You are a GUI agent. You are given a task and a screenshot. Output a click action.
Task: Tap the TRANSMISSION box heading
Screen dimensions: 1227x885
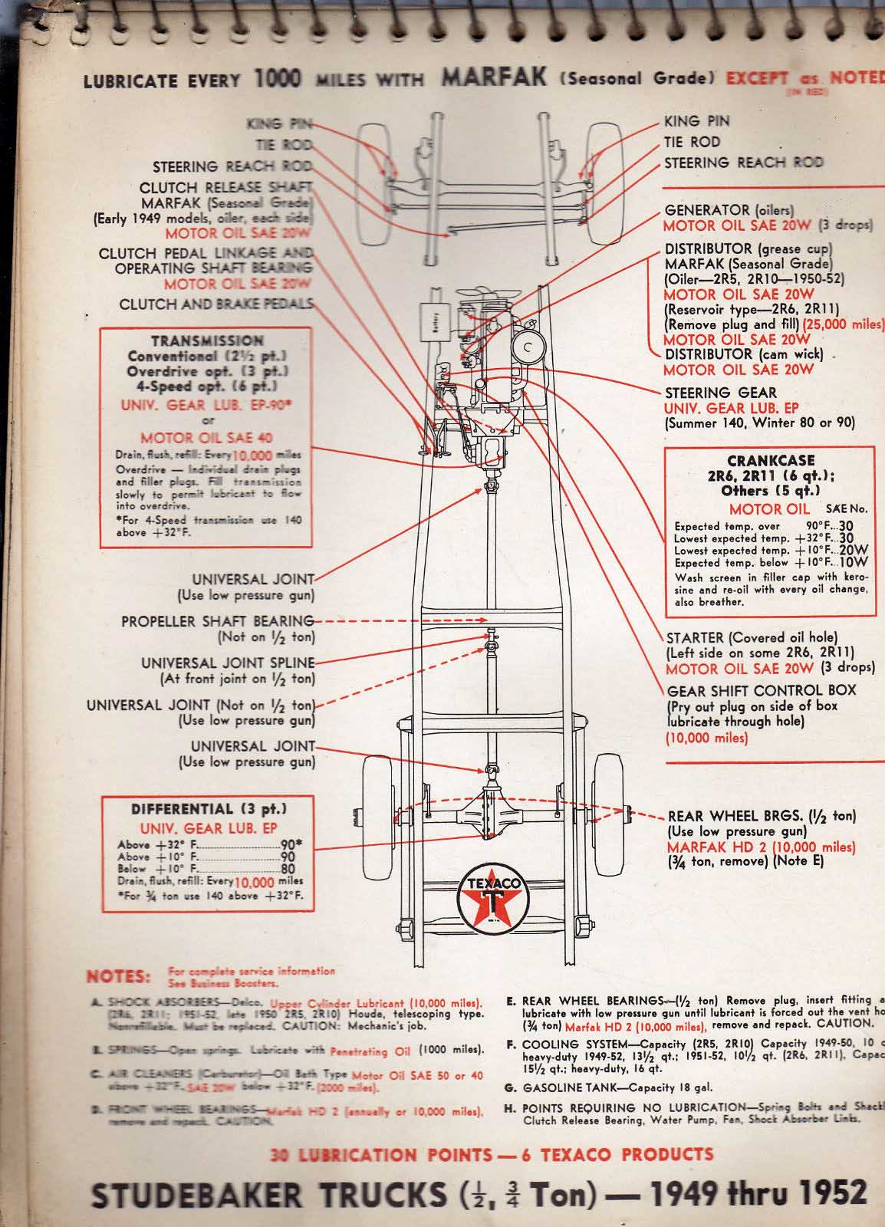click(207, 340)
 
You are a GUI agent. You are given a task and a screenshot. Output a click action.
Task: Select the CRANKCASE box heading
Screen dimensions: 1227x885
click(771, 461)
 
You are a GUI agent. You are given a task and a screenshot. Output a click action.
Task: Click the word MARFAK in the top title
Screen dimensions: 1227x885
click(493, 77)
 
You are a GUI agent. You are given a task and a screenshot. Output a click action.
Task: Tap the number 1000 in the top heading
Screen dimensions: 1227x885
click(278, 78)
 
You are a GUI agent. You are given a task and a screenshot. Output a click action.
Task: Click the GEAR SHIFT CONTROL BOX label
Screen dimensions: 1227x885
click(762, 690)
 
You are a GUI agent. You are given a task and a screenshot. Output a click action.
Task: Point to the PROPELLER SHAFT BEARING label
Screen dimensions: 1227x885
click(218, 621)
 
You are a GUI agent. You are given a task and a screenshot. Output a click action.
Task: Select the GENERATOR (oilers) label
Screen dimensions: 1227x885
click(729, 210)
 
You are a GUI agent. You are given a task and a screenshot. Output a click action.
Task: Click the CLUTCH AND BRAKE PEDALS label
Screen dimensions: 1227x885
click(216, 304)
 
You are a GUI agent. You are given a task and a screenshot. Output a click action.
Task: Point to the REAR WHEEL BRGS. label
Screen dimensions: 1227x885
click(762, 816)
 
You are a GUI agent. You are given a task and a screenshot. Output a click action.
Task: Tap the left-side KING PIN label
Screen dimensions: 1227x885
click(279, 123)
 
